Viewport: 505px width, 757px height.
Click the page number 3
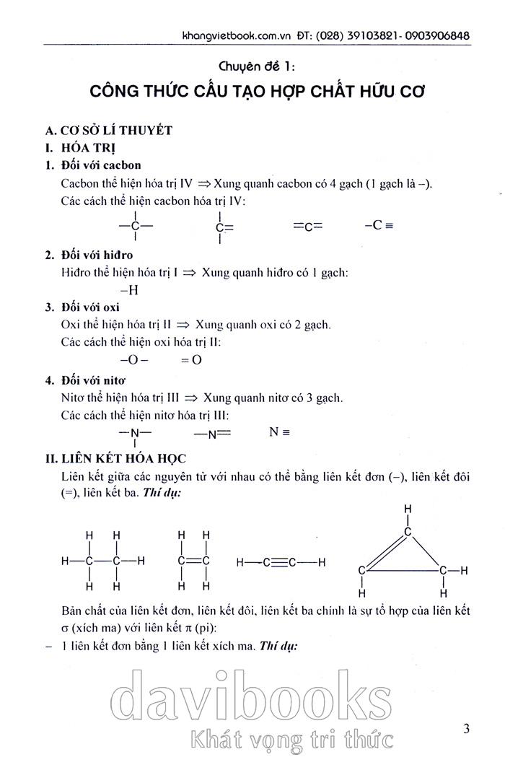[x=467, y=729]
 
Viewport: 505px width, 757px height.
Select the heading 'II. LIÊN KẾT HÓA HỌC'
[x=115, y=458]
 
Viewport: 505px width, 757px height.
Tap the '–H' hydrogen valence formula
[x=129, y=290]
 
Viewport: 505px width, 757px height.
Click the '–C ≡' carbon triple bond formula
[x=379, y=225]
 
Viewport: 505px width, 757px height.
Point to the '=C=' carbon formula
[x=308, y=226]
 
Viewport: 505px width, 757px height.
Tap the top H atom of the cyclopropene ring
[x=408, y=509]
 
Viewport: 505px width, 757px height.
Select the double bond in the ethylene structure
[x=193, y=561]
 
